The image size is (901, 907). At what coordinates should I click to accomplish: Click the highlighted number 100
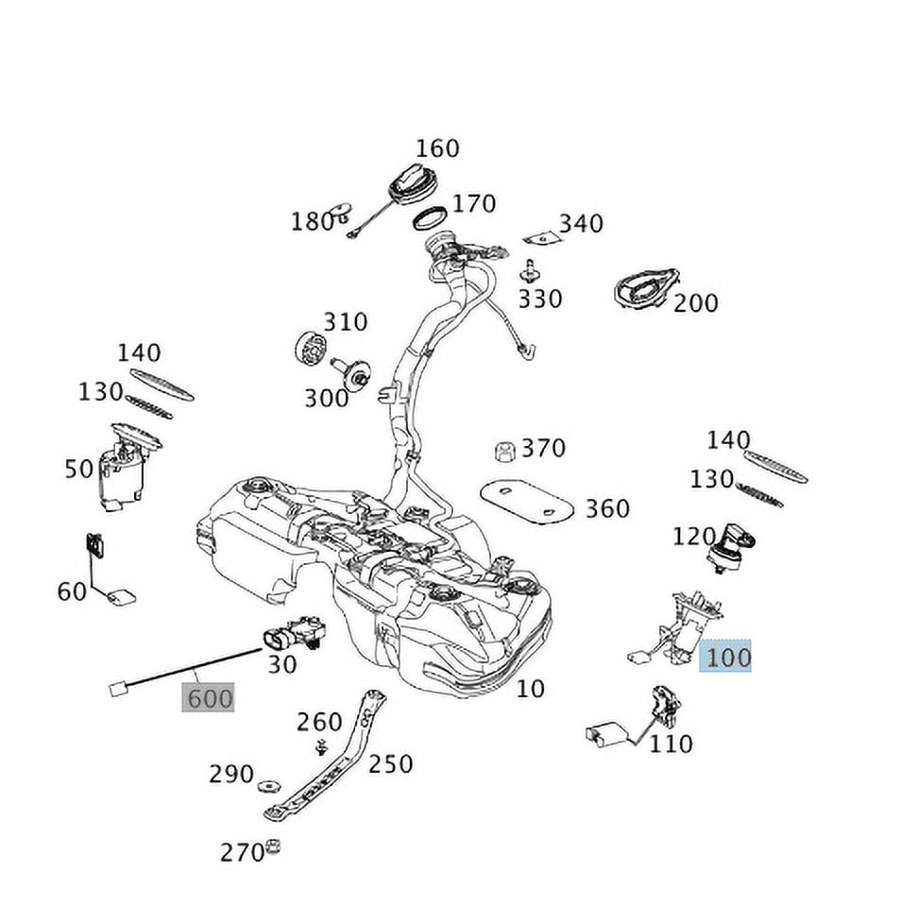pyautogui.click(x=725, y=656)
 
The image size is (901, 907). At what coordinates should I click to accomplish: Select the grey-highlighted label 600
pyautogui.click(x=208, y=699)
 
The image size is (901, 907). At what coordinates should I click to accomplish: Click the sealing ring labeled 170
pyautogui.click(x=431, y=218)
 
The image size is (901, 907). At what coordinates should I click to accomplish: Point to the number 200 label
pyautogui.click(x=695, y=303)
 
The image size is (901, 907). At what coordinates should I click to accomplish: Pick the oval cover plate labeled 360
pyautogui.click(x=527, y=500)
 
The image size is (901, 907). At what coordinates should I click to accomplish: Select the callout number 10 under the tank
pyautogui.click(x=531, y=689)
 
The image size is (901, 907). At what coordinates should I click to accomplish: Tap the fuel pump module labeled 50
pyautogui.click(x=124, y=471)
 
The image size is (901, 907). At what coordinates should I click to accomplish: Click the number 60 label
pyautogui.click(x=72, y=592)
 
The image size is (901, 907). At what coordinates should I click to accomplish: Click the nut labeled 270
pyautogui.click(x=274, y=846)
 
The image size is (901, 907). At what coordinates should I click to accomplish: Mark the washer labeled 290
pyautogui.click(x=270, y=784)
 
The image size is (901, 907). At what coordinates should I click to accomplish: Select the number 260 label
pyautogui.click(x=318, y=722)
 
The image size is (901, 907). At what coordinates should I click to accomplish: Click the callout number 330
pyautogui.click(x=539, y=299)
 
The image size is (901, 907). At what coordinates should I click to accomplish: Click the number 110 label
pyautogui.click(x=671, y=744)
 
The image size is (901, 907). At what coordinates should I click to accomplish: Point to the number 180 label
pyautogui.click(x=313, y=221)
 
